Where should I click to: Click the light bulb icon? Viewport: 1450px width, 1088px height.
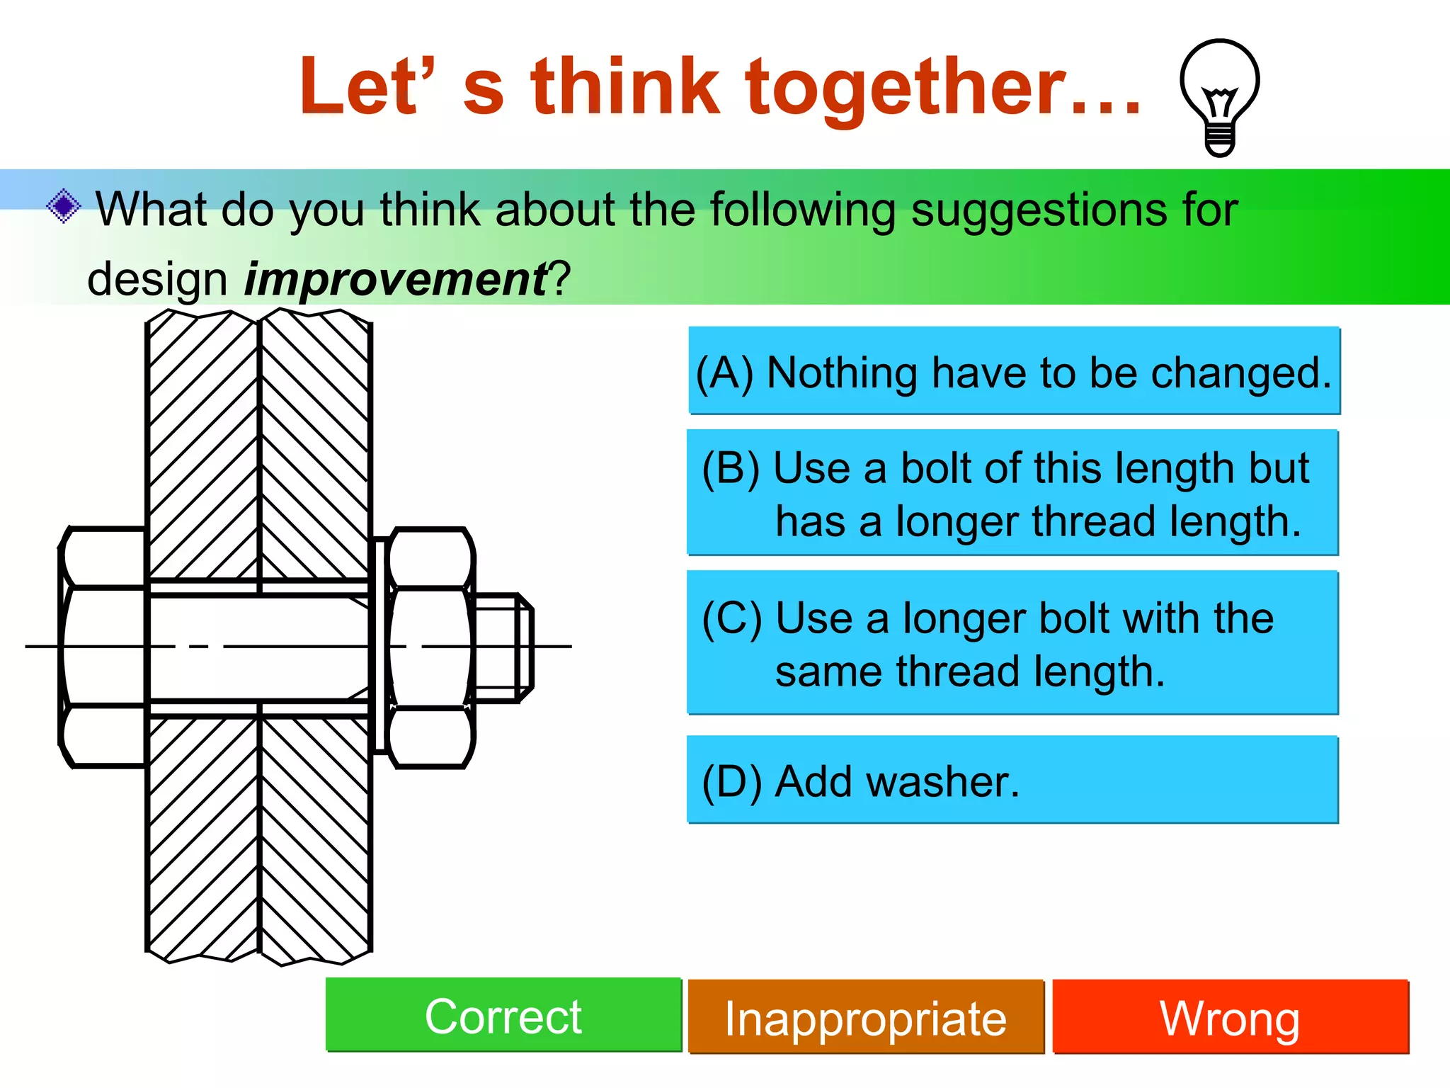click(1219, 97)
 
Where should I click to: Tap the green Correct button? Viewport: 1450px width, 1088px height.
click(503, 1016)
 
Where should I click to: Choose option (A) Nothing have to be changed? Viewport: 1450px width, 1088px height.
click(1014, 371)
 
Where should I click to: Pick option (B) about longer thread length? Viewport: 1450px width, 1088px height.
click(1012, 493)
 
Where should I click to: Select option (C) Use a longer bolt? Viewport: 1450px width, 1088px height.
click(1012, 643)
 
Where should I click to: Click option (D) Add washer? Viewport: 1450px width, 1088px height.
click(1012, 780)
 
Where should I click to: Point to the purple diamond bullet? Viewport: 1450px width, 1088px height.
click(64, 207)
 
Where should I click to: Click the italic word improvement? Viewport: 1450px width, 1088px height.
click(395, 279)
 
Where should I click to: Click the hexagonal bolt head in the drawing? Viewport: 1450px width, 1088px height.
click(103, 647)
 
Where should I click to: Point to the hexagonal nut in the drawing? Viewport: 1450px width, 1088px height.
click(430, 647)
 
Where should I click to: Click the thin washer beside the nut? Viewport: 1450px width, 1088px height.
click(379, 647)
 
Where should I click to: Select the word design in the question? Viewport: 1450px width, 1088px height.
click(157, 279)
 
